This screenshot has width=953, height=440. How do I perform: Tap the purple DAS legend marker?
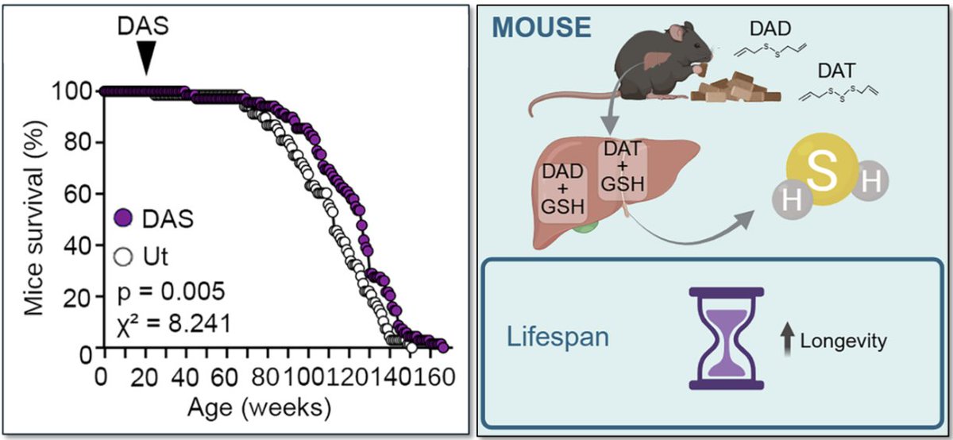coord(122,218)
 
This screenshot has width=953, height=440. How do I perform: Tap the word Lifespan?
coord(558,336)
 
